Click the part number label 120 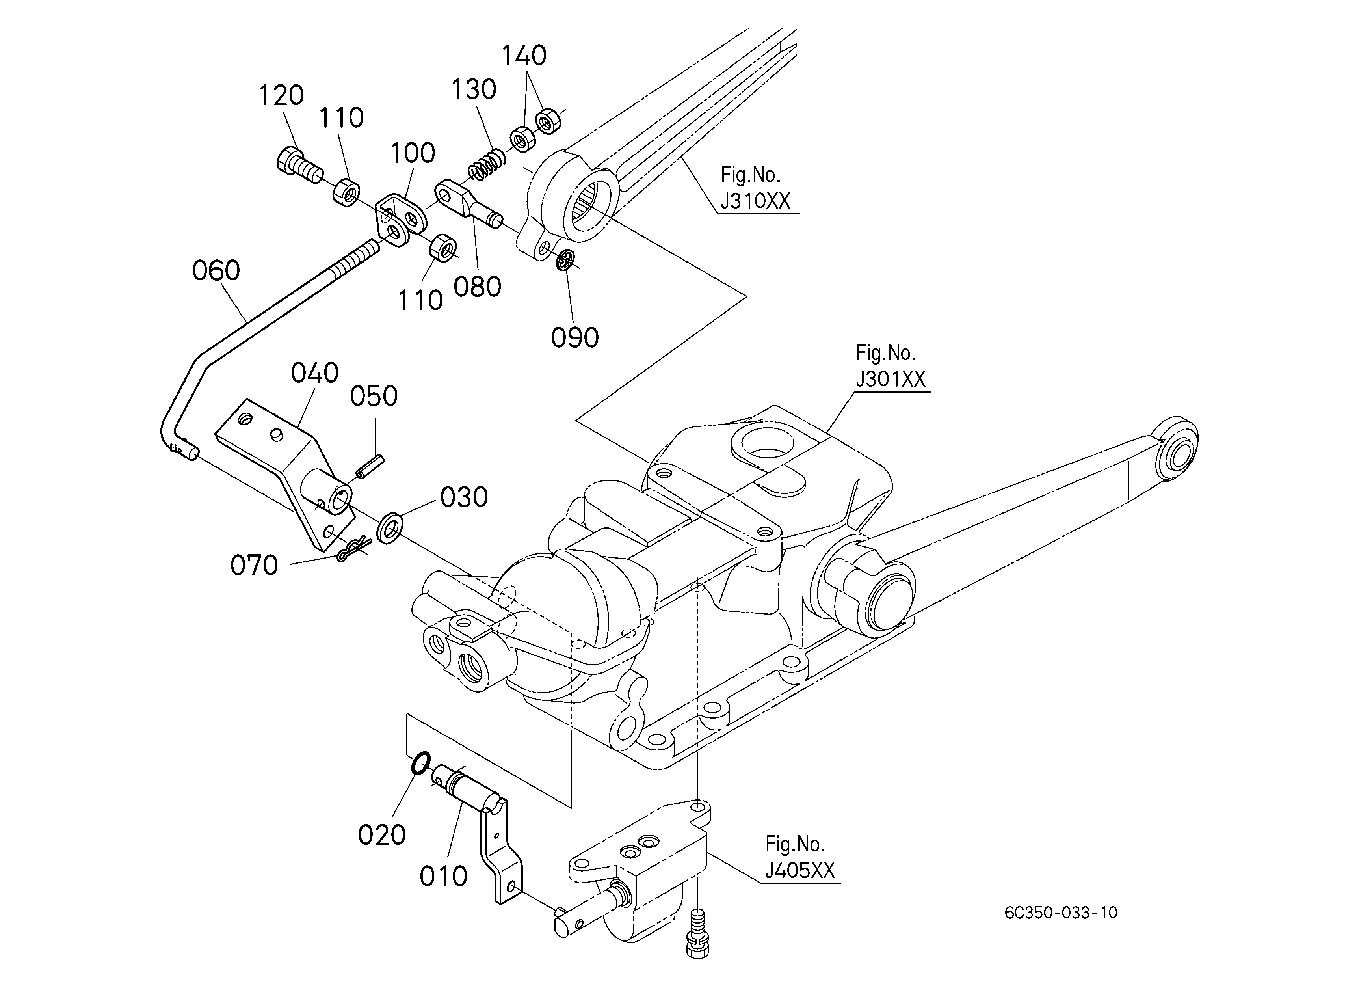[x=281, y=95]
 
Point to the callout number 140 [x=524, y=55]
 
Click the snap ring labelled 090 [x=566, y=260]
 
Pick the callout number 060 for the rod [x=216, y=271]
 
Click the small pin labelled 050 [x=370, y=467]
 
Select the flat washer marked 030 [x=389, y=528]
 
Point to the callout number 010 [x=443, y=877]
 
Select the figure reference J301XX [x=891, y=379]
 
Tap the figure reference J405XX [x=800, y=870]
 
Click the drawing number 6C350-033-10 [x=1061, y=913]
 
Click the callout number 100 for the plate [x=413, y=153]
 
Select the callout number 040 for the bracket [x=314, y=373]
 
